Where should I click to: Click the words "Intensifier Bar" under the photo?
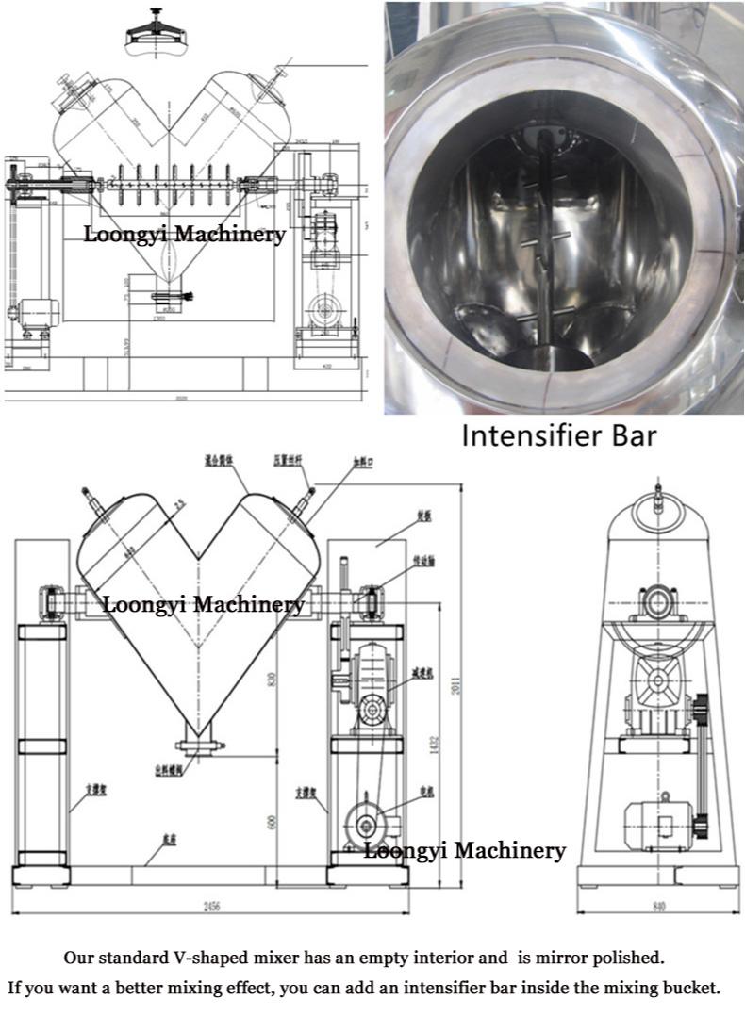click(x=557, y=437)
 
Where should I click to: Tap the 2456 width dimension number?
click(x=211, y=906)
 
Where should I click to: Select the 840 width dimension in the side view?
click(x=658, y=907)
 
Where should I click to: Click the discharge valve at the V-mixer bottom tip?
click(x=199, y=745)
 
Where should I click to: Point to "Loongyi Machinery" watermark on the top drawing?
click(x=184, y=235)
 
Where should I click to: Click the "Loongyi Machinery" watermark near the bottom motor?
click(x=465, y=850)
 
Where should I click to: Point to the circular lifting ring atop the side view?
click(x=658, y=500)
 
